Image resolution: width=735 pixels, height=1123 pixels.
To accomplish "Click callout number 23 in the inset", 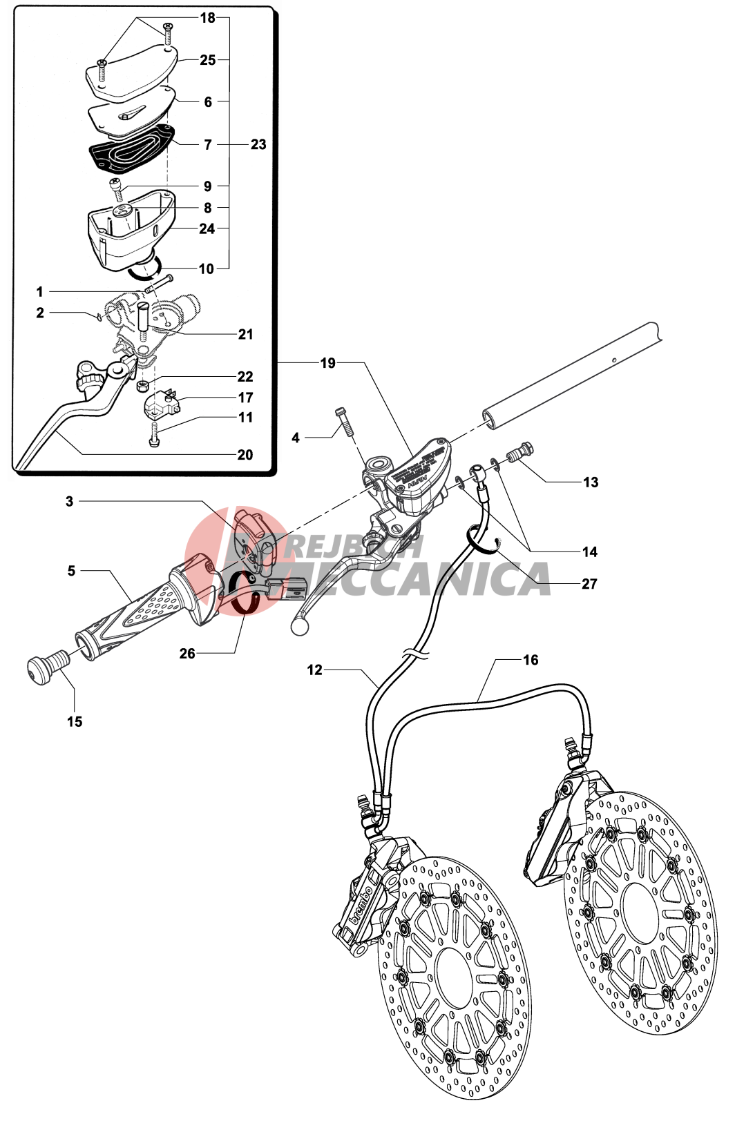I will (258, 144).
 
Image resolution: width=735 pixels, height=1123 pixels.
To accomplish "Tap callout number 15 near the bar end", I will (75, 721).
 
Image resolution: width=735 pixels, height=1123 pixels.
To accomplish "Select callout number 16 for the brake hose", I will (530, 660).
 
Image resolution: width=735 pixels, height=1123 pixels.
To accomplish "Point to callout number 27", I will (589, 584).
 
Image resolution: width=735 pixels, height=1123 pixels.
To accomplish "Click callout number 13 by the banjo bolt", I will (591, 482).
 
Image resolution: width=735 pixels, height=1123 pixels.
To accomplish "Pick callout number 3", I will (69, 501).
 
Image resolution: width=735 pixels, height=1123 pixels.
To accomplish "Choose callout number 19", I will (327, 363).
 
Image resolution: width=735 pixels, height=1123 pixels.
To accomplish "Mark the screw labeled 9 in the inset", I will (116, 186).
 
